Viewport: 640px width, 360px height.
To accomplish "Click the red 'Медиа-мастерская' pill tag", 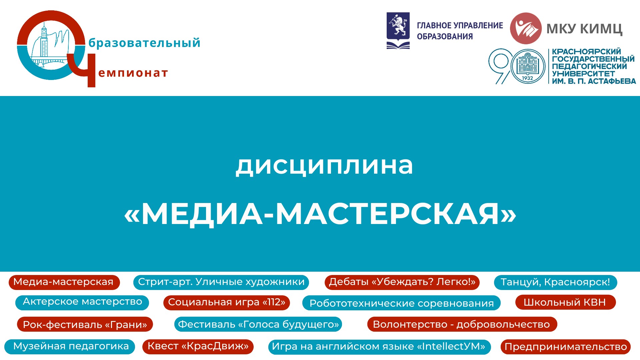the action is tap(64, 282).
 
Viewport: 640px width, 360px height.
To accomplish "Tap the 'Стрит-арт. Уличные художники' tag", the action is tap(221, 282).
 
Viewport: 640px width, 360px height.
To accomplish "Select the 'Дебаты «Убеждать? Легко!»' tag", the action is tap(402, 282).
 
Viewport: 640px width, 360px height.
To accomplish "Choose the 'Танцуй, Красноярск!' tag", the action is tap(555, 282).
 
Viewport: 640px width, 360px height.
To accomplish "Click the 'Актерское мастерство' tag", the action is tap(82, 302).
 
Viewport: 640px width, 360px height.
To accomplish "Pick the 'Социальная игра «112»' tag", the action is tap(227, 302).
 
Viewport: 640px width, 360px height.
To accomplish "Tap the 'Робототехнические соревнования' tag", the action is tap(401, 303).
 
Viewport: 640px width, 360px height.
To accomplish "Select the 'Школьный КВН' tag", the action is tap(565, 302).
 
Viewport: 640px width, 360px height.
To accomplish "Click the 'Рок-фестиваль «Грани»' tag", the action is tap(85, 324).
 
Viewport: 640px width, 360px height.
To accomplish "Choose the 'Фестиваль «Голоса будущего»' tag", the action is tap(258, 324).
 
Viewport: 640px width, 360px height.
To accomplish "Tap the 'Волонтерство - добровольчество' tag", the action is tap(462, 324).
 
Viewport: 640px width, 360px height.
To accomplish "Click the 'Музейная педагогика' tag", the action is tap(70, 346).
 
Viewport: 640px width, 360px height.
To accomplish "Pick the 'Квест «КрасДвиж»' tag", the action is tap(198, 346).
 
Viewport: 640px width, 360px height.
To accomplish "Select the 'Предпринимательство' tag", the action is tap(566, 347).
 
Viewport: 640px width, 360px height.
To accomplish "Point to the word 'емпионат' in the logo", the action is tap(133, 73).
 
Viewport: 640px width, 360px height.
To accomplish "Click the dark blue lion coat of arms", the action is tap(398, 31).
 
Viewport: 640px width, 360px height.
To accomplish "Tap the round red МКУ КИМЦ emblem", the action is tap(526, 28).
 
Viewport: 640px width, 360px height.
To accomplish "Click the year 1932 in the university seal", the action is tap(528, 78).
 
